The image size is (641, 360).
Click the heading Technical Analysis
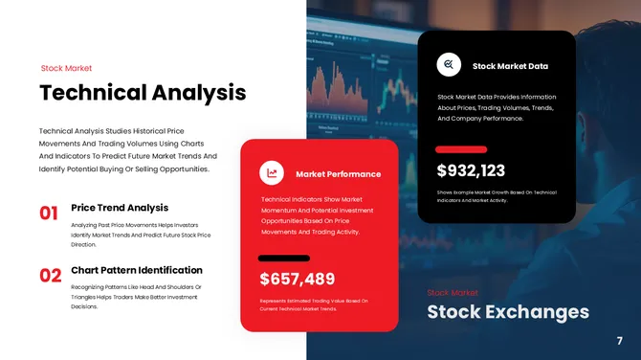tap(143, 93)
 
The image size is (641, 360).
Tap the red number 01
tap(50, 213)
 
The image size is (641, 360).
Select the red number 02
tap(50, 276)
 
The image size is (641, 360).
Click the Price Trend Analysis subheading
tap(120, 207)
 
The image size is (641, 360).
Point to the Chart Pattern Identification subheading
tap(137, 270)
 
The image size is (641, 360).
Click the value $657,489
tap(298, 279)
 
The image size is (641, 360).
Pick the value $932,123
tap(471, 170)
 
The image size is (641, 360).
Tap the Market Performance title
tap(339, 174)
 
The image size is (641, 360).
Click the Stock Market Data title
tap(510, 66)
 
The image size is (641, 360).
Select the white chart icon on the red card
tap(273, 173)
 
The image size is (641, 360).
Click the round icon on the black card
tap(449, 65)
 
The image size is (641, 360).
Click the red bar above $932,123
tap(461, 149)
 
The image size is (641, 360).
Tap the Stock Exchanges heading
tap(508, 312)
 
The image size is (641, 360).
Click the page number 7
tap(620, 341)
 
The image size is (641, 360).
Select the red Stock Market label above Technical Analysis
tap(66, 68)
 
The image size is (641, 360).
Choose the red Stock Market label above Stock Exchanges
tap(453, 292)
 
